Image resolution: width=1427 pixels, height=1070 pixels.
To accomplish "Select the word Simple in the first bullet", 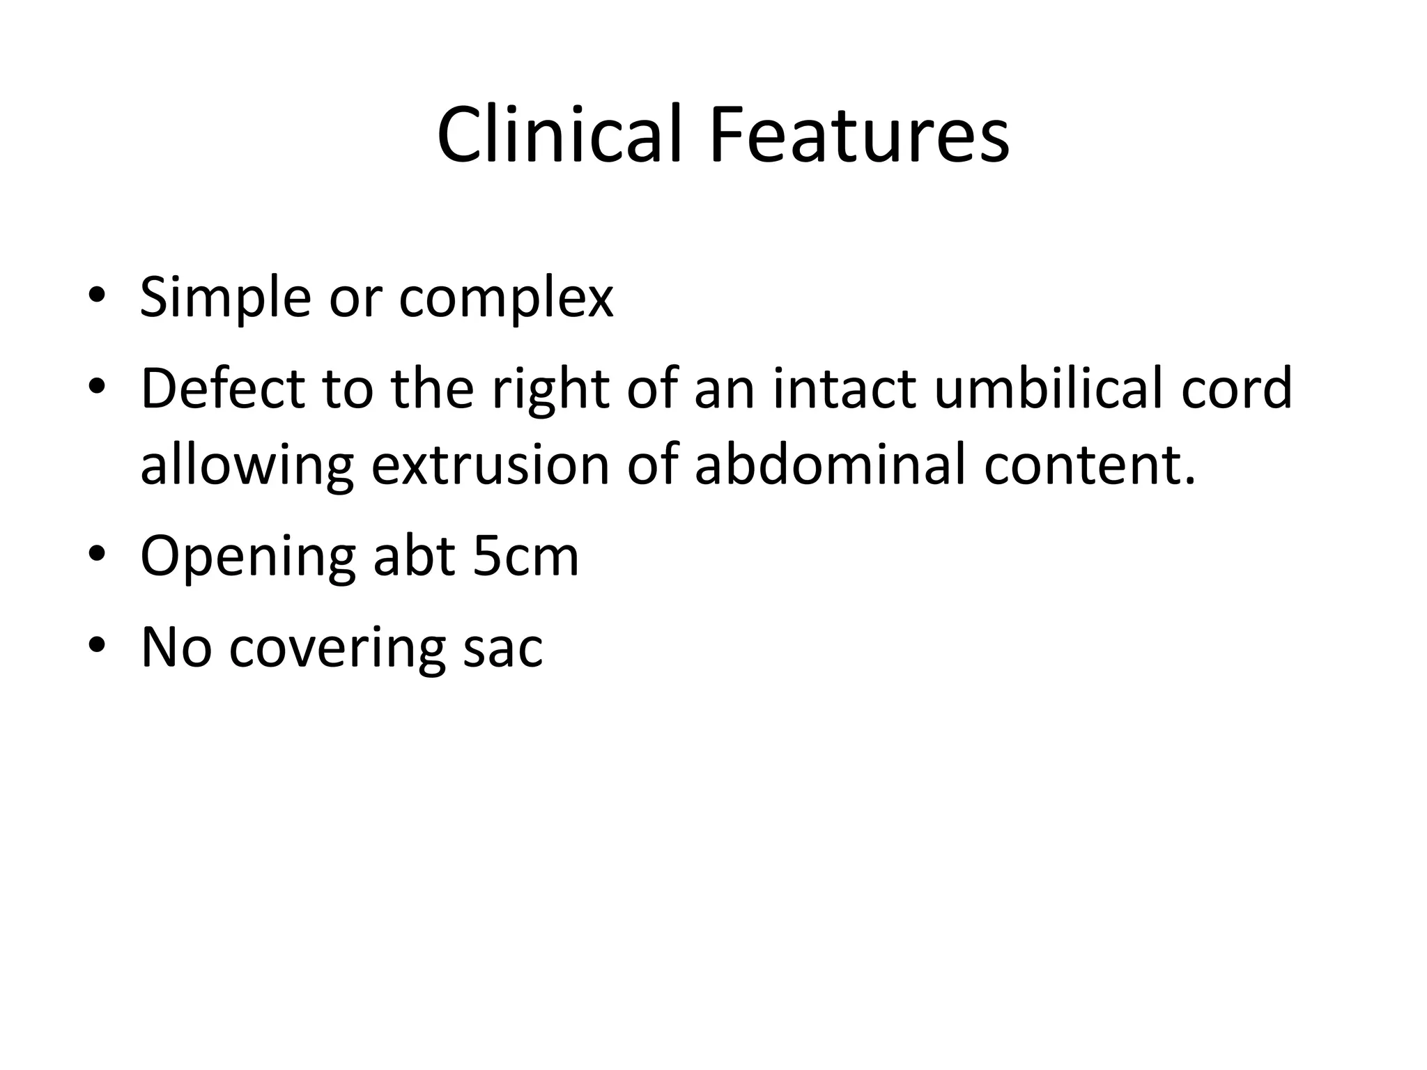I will click(224, 298).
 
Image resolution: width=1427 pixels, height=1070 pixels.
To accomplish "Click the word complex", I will click(506, 298).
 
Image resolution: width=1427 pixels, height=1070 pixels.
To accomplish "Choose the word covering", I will click(337, 648).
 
